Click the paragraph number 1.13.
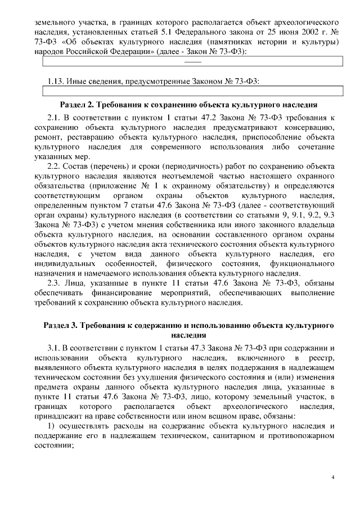coord(56,81)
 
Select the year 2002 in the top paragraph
coord(300,33)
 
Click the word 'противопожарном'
coord(300,437)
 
